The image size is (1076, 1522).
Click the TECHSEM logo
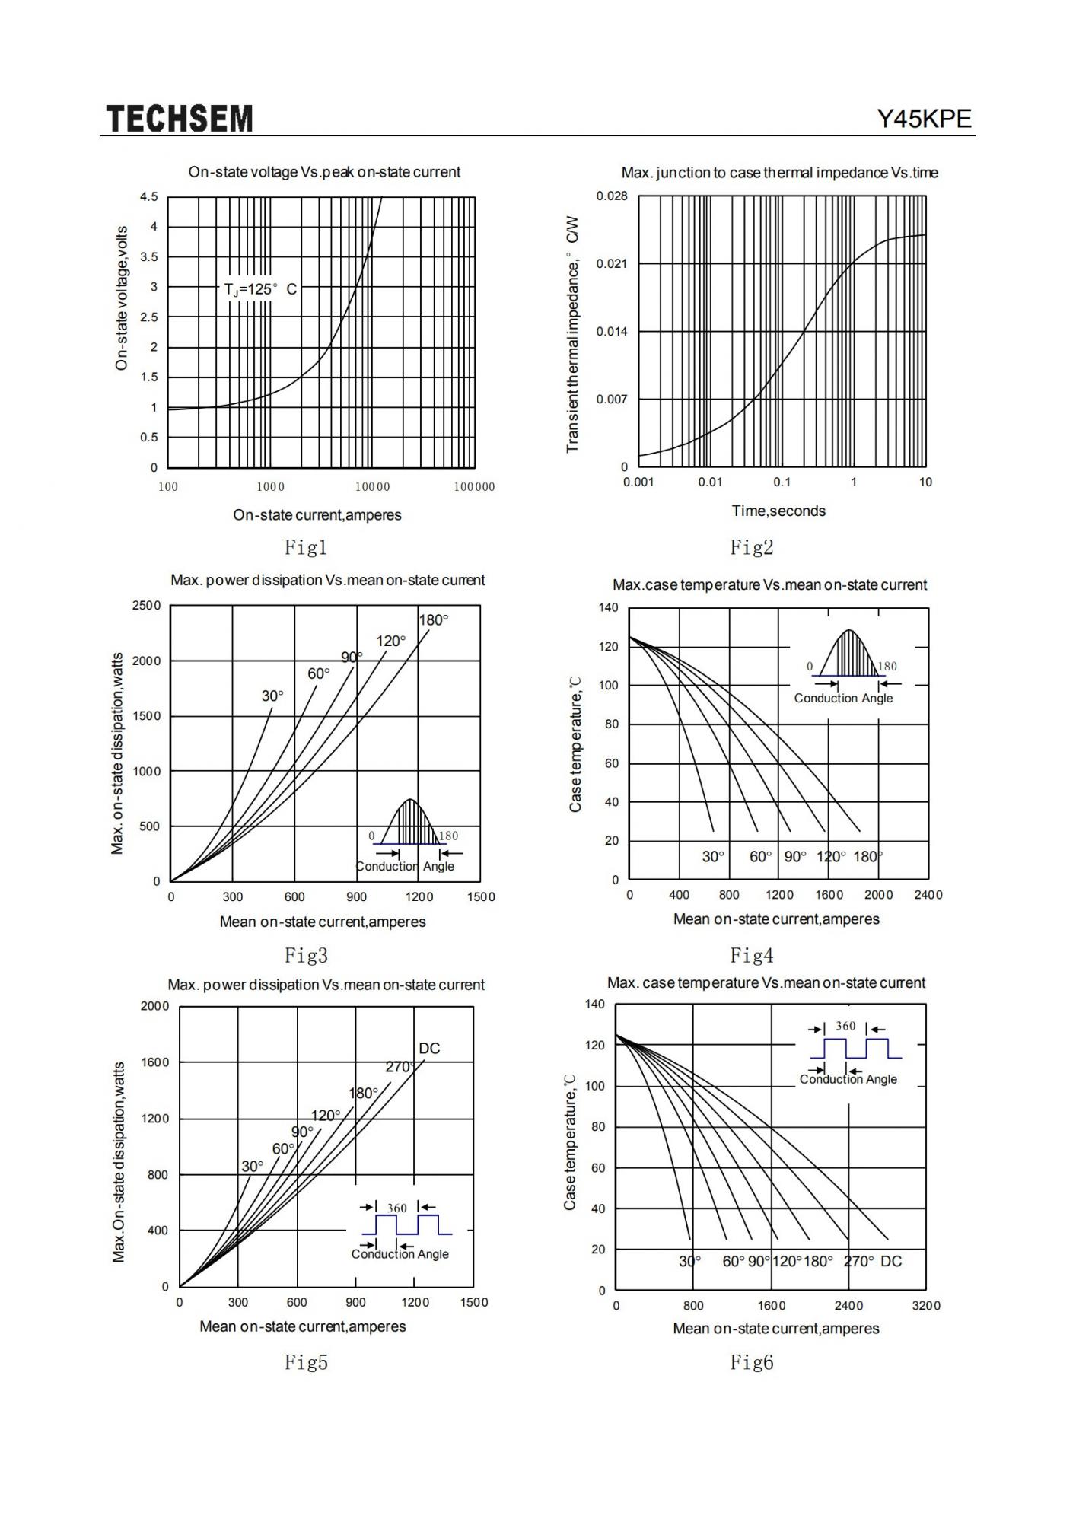click(x=179, y=119)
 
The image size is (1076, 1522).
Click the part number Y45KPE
click(x=925, y=119)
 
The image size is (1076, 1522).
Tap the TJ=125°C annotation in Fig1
click(x=260, y=290)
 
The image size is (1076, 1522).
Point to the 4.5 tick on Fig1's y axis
click(x=149, y=197)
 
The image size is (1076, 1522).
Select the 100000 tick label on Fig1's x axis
click(x=474, y=487)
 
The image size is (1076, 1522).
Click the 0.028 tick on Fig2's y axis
click(x=612, y=196)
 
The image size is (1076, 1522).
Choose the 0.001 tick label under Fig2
click(x=638, y=482)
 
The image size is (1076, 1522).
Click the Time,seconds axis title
click(x=778, y=511)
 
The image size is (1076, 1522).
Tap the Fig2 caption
click(x=752, y=547)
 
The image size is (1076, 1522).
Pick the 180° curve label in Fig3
click(x=434, y=620)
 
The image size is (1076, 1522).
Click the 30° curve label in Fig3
click(x=272, y=696)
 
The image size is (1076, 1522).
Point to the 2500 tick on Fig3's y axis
click(x=147, y=606)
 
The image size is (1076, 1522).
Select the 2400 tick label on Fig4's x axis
click(x=928, y=895)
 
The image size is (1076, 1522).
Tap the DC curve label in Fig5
click(x=429, y=1049)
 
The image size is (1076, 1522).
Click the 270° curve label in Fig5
click(x=400, y=1067)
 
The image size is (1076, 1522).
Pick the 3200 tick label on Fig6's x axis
click(x=926, y=1306)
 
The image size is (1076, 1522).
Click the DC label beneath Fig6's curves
click(x=891, y=1262)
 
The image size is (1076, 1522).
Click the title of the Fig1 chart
click(x=324, y=172)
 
